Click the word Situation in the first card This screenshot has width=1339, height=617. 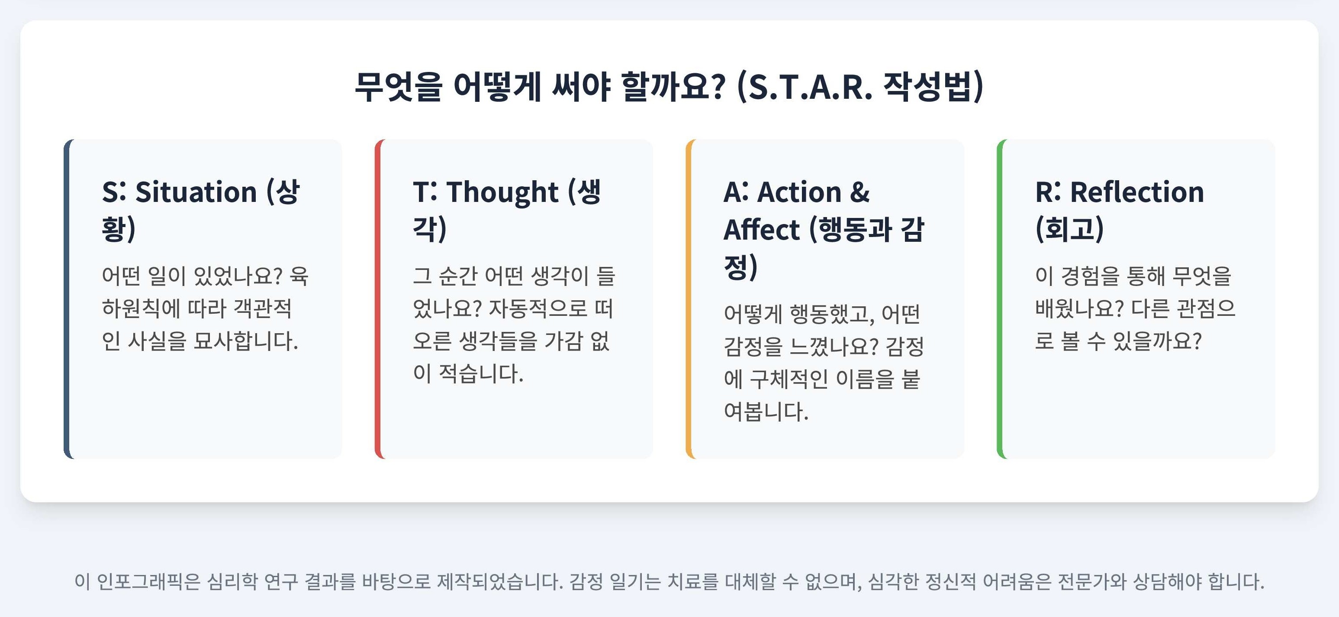click(196, 192)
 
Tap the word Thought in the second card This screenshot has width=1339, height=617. click(502, 192)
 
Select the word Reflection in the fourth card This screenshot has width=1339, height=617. click(1137, 192)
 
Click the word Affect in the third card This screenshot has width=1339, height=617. click(762, 230)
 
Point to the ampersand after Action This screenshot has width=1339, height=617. click(860, 192)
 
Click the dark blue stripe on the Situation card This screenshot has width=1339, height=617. click(67, 299)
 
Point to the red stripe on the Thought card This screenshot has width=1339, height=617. click(378, 299)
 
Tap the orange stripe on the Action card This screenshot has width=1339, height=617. click(689, 299)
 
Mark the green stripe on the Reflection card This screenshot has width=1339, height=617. click(1000, 299)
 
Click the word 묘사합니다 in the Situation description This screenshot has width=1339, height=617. click(245, 341)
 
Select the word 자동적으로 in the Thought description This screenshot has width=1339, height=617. click(538, 308)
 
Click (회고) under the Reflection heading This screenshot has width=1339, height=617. click(1069, 229)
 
